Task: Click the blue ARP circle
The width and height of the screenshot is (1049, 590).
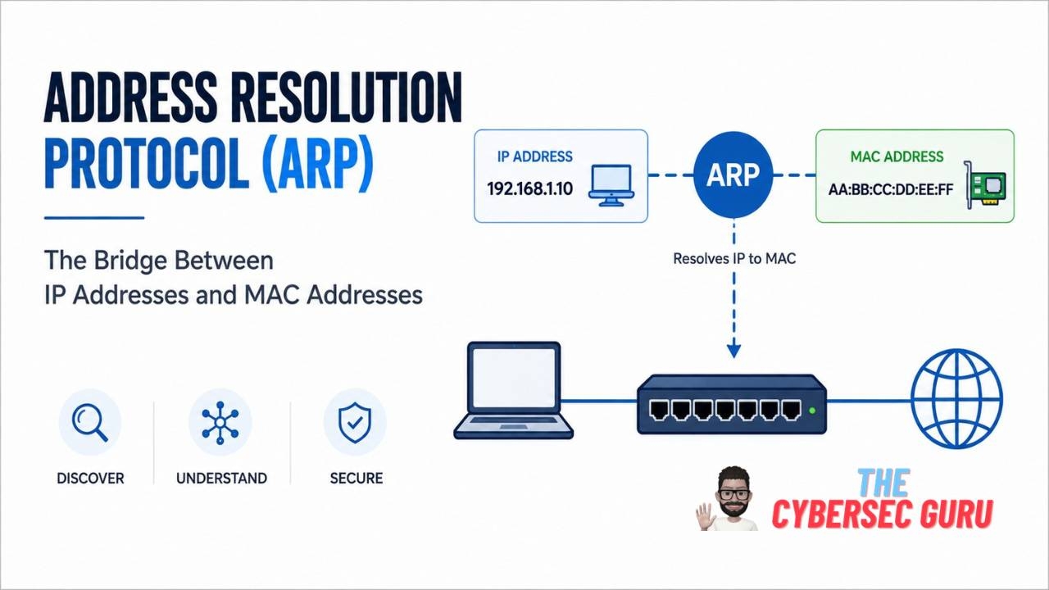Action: tap(733, 175)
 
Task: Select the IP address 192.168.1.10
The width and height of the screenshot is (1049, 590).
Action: tap(529, 188)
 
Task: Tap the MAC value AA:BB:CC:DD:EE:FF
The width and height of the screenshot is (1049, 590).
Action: tap(891, 189)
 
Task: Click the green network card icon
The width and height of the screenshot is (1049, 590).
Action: tap(985, 185)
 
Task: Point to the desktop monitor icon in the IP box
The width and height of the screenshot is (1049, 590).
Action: tap(611, 185)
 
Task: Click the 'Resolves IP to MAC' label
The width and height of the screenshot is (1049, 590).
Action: tap(734, 258)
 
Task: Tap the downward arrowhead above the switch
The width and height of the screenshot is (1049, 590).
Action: tap(733, 350)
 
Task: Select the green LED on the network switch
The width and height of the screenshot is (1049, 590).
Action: tap(812, 411)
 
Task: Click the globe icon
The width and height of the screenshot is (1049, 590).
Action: tap(956, 398)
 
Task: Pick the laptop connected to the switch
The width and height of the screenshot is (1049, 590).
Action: tap(514, 390)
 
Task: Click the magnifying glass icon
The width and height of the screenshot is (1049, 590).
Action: tap(90, 423)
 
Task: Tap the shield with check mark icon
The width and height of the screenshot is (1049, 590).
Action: tap(355, 423)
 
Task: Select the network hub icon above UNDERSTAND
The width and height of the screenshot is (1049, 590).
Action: tap(220, 423)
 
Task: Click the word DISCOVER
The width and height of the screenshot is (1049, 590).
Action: tap(90, 478)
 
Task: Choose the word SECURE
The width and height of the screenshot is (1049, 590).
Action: tap(356, 478)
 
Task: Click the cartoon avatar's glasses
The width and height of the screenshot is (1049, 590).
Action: tap(734, 493)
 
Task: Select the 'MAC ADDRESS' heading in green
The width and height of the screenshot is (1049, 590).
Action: tap(897, 157)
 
